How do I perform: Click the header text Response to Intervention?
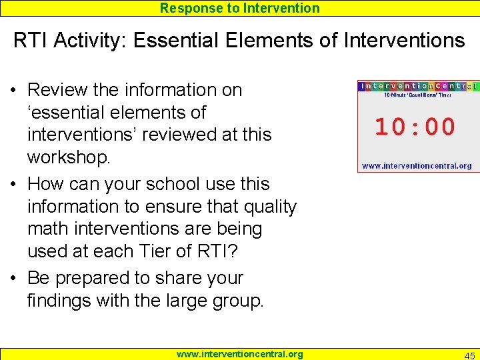tap(240, 8)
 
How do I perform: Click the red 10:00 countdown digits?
tap(415, 127)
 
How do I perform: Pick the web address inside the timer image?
tap(416, 165)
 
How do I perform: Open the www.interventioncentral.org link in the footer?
tap(239, 354)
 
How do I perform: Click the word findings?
tap(59, 301)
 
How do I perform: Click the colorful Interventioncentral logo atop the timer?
tap(417, 86)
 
